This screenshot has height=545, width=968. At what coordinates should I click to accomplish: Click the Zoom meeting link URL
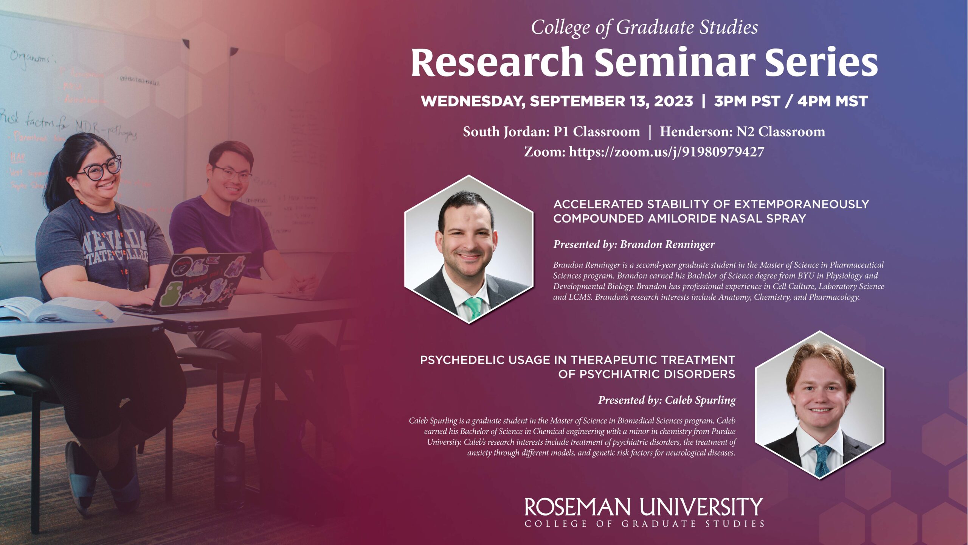[666, 152]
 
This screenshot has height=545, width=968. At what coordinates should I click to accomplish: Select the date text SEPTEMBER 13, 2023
[611, 101]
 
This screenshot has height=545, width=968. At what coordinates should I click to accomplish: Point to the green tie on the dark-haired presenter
[474, 307]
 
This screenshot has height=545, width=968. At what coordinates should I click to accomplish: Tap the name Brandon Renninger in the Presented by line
[667, 244]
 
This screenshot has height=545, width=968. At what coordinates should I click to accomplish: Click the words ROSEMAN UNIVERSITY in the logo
[644, 507]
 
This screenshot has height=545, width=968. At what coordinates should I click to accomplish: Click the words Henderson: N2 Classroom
[742, 132]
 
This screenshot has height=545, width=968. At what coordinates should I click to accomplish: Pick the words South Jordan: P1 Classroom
[551, 132]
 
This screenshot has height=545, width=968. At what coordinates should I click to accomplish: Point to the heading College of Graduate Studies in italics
[644, 27]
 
